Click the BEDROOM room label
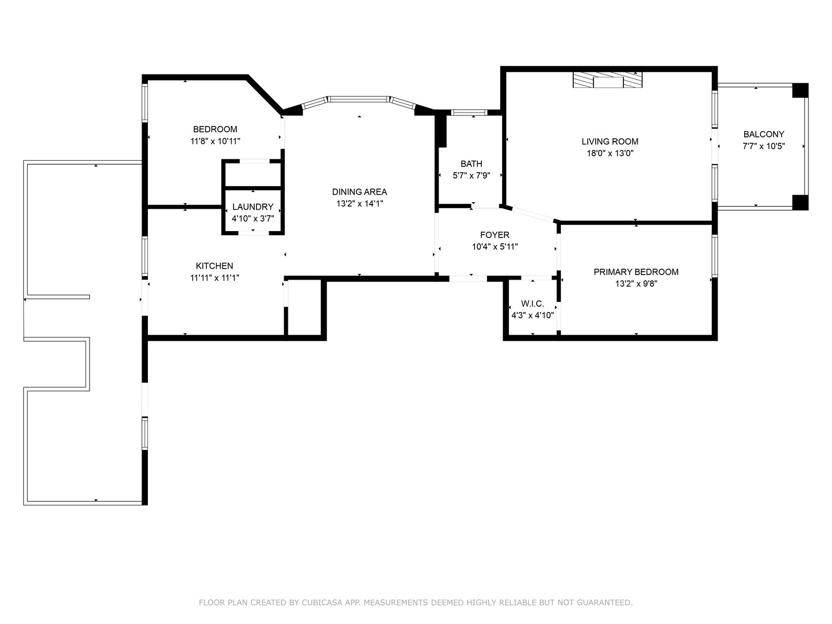pos(215,129)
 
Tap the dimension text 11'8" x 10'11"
pos(215,142)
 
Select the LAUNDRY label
pos(253,207)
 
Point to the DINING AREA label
pos(359,192)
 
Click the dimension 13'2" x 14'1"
pos(359,204)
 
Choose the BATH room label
pos(471,164)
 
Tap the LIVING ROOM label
pos(610,142)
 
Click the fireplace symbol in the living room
pos(608,80)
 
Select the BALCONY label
pos(764,134)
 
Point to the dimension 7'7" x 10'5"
pos(764,146)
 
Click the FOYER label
pos(495,235)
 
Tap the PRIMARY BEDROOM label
pos(636,272)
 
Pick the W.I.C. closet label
pos(533,303)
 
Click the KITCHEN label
pos(214,266)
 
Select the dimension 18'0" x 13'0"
pos(610,154)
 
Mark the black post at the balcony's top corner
pos(801,91)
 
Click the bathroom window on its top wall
pos(469,113)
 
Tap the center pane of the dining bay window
pos(359,99)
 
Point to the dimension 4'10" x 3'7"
pos(253,219)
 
